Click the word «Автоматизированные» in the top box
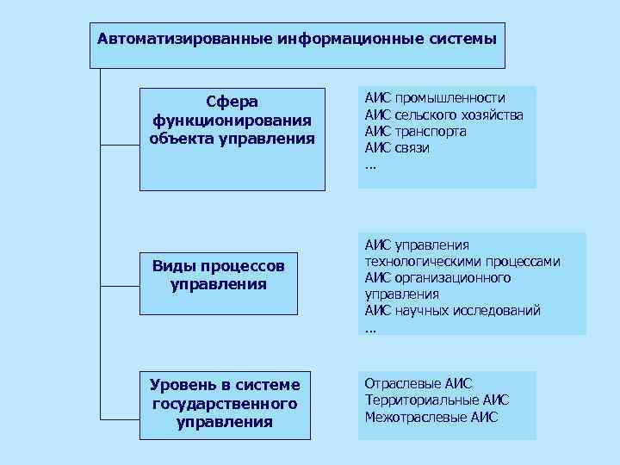point(184,40)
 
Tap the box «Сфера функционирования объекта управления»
point(232,139)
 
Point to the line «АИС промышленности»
point(434,98)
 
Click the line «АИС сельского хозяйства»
point(443,115)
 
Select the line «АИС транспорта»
point(415,131)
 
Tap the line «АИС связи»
point(397,147)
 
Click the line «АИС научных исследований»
point(452,310)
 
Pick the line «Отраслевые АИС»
point(418,383)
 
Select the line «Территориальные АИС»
point(437,400)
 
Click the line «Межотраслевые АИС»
point(431,417)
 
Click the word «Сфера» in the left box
point(232,102)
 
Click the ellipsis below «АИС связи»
point(370,165)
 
